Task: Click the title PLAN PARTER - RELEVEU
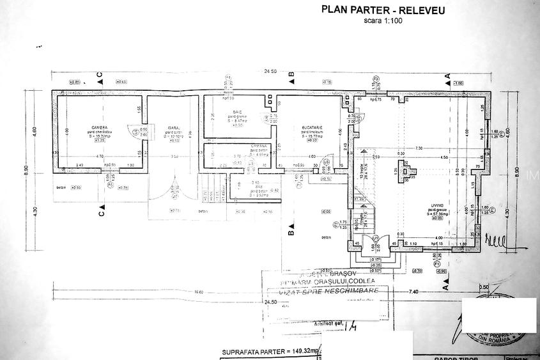click(383, 10)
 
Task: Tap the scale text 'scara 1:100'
click(383, 20)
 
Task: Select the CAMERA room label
click(99, 127)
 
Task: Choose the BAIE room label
click(237, 111)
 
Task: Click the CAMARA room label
click(240, 146)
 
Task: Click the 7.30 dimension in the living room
click(419, 148)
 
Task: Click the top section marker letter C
click(100, 76)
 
